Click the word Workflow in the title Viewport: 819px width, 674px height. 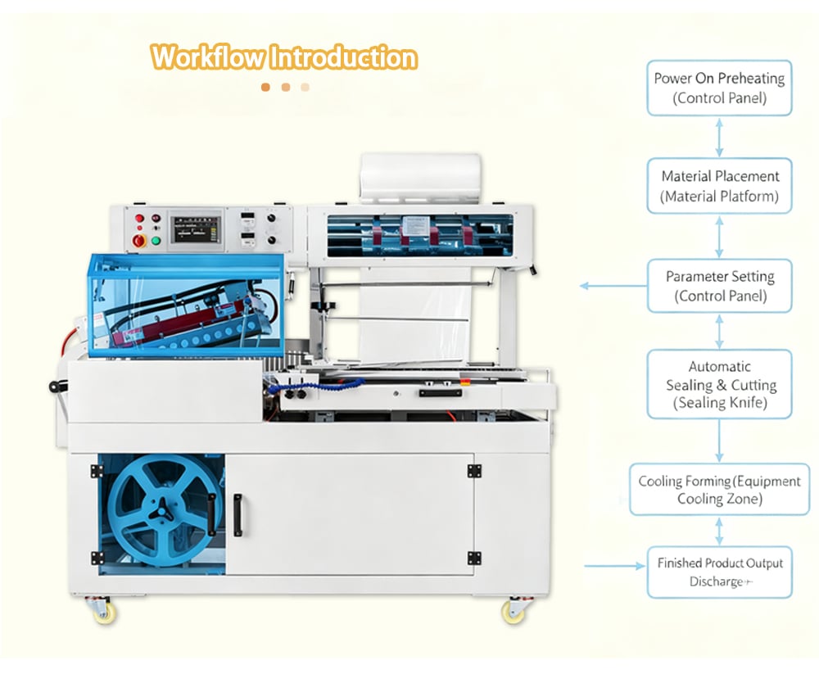pyautogui.click(x=207, y=57)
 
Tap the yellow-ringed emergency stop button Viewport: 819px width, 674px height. pyautogui.click(x=139, y=240)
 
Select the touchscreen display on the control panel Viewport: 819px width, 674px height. pyautogui.click(x=197, y=228)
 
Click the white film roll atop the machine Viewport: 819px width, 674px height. pyautogui.click(x=420, y=179)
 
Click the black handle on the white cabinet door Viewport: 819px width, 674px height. pyautogui.click(x=238, y=515)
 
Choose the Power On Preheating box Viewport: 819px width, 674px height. pyautogui.click(x=719, y=88)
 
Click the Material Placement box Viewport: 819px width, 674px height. pyautogui.click(x=719, y=186)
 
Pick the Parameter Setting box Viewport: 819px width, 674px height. pyautogui.click(x=719, y=286)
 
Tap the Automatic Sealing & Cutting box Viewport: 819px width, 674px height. pyautogui.click(x=719, y=384)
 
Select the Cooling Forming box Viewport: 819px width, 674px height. pyautogui.click(x=719, y=490)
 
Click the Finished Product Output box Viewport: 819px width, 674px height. pyautogui.click(x=719, y=572)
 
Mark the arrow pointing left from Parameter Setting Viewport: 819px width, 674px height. pyautogui.click(x=613, y=286)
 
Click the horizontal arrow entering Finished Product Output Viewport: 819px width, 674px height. pyautogui.click(x=614, y=566)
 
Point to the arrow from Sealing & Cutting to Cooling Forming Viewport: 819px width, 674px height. pyautogui.click(x=719, y=441)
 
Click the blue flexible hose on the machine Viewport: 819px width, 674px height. pyautogui.click(x=319, y=386)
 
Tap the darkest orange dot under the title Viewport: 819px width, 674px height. pyautogui.click(x=265, y=88)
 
